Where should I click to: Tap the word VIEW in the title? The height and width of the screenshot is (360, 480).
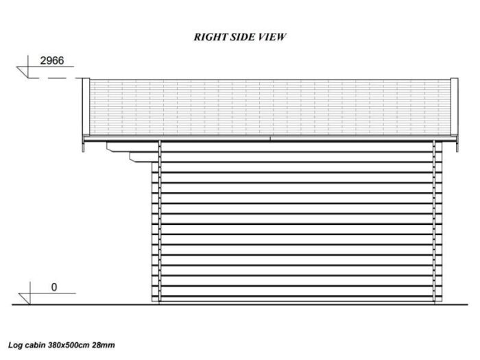272,37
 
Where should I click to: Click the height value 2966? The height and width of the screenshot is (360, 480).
52,60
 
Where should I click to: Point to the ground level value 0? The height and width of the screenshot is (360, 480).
54,287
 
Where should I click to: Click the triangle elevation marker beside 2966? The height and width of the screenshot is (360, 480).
23,72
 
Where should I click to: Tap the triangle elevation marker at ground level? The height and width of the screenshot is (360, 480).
25,299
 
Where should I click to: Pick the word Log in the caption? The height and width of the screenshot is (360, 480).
15,346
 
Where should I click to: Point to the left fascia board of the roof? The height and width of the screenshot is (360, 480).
86,106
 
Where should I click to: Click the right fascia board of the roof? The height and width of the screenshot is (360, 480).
454,106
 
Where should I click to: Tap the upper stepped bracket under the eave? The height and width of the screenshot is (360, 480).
132,147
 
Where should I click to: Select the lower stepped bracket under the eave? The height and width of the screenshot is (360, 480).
144,157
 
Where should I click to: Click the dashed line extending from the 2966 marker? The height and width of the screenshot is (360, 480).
51,78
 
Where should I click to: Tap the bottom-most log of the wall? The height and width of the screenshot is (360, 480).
297,299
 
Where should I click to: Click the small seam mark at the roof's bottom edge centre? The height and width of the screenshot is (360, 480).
270,139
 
